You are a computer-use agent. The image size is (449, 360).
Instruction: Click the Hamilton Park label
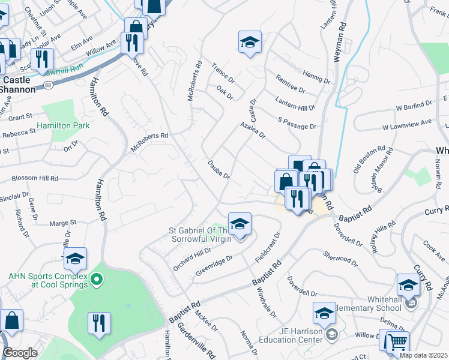(x=63, y=126)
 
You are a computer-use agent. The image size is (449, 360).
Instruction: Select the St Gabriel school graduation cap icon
(x=240, y=224)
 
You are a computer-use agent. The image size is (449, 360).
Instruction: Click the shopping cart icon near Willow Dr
(x=397, y=343)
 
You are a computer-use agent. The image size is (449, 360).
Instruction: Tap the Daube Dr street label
(x=219, y=168)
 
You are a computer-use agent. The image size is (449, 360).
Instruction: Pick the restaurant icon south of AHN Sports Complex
(x=100, y=323)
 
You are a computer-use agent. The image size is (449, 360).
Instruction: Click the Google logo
(x=20, y=353)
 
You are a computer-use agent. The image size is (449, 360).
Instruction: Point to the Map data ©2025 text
(x=424, y=355)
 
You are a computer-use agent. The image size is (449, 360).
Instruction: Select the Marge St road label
(x=64, y=222)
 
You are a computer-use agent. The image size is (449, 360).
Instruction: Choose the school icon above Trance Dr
(x=250, y=42)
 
